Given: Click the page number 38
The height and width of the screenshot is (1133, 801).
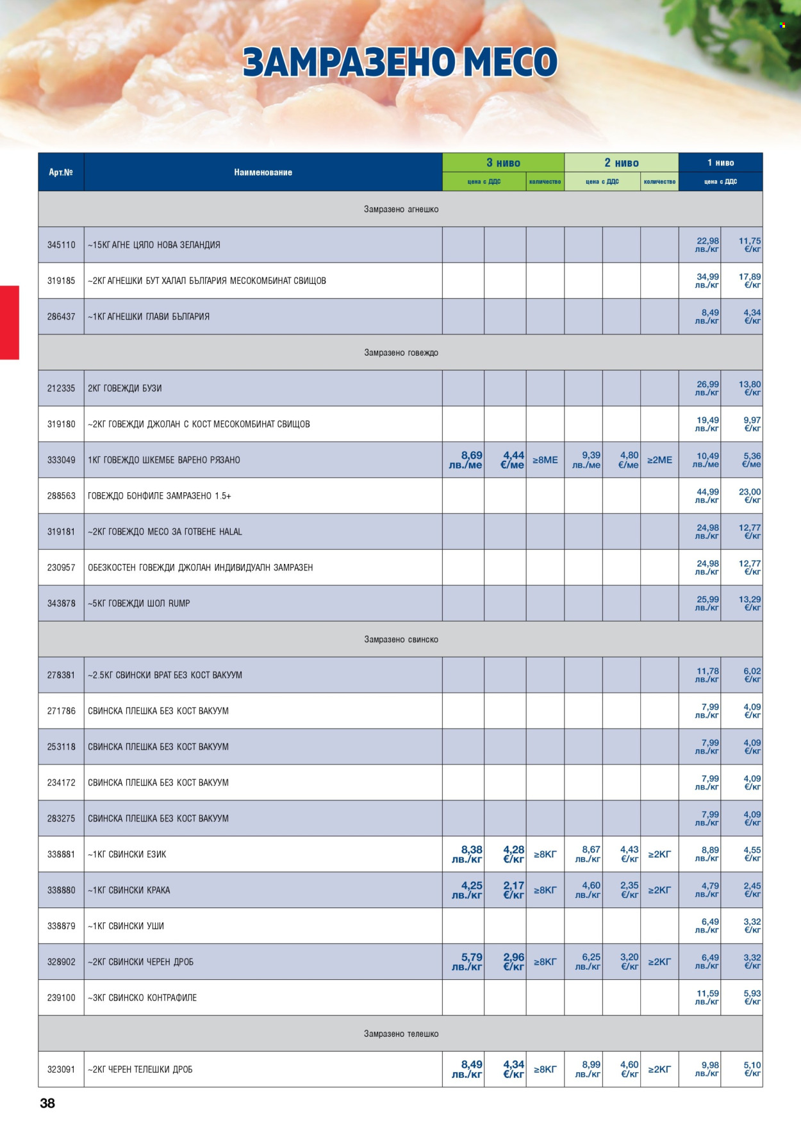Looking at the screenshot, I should point(47,1103).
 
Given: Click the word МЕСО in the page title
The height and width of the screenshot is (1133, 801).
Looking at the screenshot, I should point(510,62).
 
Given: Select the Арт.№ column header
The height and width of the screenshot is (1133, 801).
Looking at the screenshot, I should point(61,172).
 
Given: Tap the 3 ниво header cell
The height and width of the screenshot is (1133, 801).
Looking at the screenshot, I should point(503,163).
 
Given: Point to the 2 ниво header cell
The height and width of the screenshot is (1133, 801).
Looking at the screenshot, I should point(621,163).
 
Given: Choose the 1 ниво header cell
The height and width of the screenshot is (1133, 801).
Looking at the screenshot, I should point(720,163).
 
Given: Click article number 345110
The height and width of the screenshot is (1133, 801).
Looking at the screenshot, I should point(61,245).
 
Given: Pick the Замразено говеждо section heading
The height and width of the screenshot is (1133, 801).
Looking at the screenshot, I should point(401,352).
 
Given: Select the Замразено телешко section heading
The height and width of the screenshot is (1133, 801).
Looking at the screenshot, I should point(401,1034).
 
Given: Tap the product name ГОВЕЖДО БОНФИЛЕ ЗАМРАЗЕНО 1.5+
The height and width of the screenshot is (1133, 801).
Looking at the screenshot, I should point(160,496).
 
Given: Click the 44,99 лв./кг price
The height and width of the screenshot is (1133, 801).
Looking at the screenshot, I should point(707,496).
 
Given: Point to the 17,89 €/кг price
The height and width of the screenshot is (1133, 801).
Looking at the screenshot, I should point(750,281).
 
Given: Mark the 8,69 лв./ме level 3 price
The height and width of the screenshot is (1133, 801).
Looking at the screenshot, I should point(465,460).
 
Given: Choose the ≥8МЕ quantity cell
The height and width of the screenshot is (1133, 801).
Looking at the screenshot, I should point(545,460).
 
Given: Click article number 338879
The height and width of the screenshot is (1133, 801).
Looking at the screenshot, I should point(61,926).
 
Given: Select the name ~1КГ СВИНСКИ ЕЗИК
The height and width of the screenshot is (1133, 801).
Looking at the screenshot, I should point(127,854).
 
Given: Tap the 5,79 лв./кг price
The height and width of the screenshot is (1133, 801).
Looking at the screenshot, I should point(467,962).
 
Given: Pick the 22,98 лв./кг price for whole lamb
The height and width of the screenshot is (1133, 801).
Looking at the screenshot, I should point(707,245).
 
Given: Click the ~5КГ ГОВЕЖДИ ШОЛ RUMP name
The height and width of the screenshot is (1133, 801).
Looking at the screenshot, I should point(139,604).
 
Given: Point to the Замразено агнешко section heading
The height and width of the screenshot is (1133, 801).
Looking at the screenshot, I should point(401,210).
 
